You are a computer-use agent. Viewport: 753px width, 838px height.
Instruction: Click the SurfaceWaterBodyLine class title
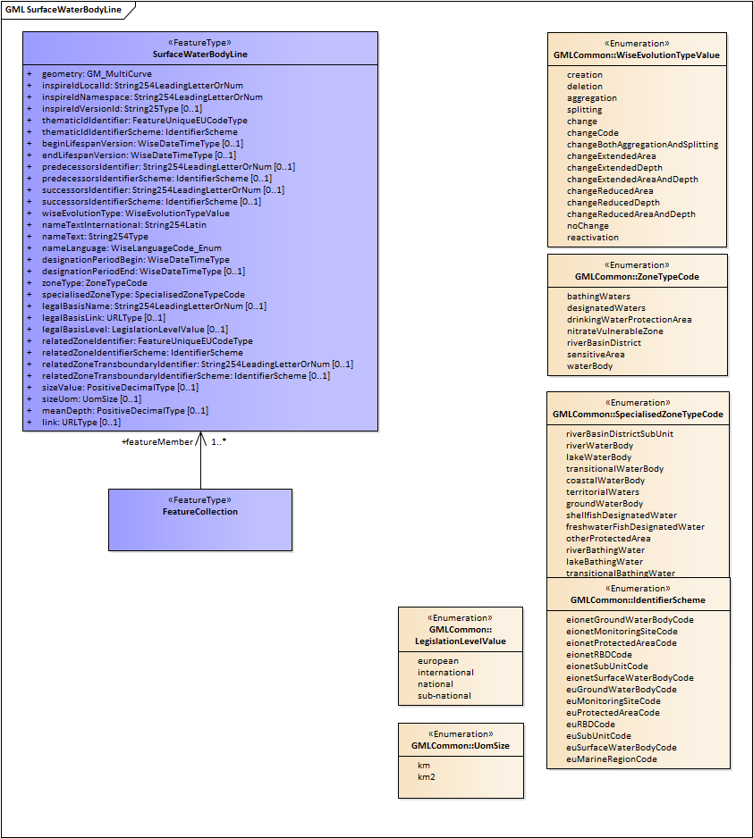click(200, 54)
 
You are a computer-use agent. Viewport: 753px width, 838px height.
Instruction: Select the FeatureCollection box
click(200, 519)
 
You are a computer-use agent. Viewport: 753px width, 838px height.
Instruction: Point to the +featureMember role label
click(157, 441)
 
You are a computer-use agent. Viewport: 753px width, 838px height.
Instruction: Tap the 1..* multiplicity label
click(218, 441)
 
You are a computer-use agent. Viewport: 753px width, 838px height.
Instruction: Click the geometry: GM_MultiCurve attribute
click(97, 73)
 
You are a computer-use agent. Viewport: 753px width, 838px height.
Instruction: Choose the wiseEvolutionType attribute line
click(135, 214)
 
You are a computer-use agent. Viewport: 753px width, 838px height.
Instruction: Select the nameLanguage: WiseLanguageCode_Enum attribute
click(131, 248)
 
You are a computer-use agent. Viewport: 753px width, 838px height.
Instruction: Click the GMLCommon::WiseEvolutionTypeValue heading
click(636, 55)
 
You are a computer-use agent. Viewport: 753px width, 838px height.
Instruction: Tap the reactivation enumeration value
click(592, 238)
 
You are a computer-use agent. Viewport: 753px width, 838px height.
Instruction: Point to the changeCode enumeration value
click(593, 133)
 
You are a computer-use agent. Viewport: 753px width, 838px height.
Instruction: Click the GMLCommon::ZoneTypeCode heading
click(637, 277)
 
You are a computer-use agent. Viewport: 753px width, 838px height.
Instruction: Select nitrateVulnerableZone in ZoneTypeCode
click(615, 331)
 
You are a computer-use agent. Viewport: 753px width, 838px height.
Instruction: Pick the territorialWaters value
click(603, 492)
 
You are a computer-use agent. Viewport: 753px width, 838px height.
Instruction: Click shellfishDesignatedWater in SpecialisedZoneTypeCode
click(622, 515)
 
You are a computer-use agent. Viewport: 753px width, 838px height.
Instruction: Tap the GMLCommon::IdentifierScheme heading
click(638, 600)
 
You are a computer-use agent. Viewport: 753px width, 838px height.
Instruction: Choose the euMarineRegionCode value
click(612, 759)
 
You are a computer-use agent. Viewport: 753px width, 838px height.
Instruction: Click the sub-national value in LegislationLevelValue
click(444, 696)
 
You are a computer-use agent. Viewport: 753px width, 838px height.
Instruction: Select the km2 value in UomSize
click(427, 777)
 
